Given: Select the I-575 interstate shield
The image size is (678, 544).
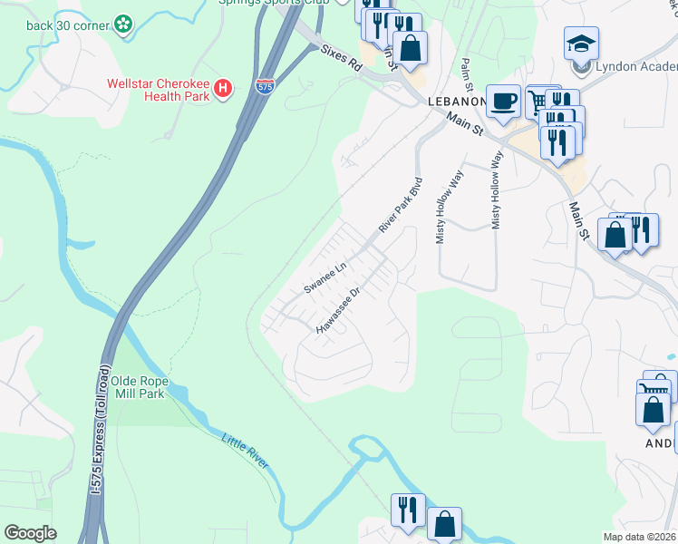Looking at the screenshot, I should click(x=265, y=87).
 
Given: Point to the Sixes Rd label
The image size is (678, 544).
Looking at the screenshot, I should click(x=341, y=60).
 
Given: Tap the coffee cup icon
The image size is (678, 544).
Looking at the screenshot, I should click(x=503, y=100).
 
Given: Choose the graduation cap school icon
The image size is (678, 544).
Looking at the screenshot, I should click(x=580, y=42).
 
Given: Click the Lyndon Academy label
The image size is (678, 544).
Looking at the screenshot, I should click(x=634, y=66).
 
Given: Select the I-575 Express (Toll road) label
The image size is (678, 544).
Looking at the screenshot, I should click(x=102, y=448).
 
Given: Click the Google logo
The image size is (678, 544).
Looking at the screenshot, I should click(x=30, y=533).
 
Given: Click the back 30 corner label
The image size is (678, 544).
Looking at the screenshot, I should click(x=68, y=24).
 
